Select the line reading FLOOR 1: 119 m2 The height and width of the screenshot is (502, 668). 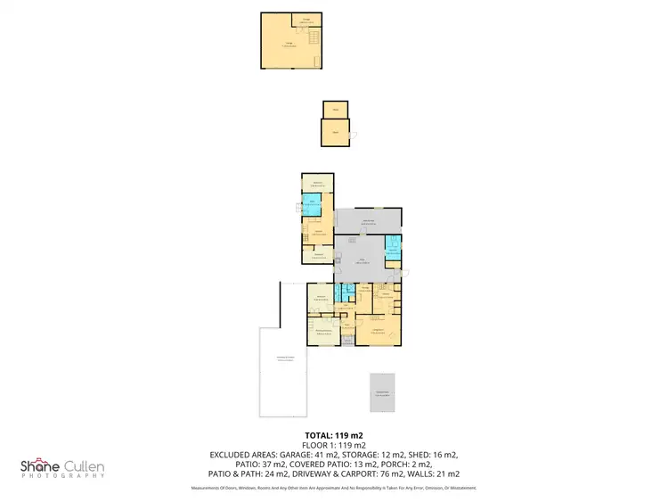coord(334,445)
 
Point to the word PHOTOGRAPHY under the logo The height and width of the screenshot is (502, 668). coord(63,477)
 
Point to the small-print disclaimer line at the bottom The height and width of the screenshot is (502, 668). coord(334,488)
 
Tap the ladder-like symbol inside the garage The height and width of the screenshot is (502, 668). coord(313,37)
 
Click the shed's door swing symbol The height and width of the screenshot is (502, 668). coord(354,136)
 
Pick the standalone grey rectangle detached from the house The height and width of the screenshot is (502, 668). coord(382,393)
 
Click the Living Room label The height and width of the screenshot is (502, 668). coord(378,332)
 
